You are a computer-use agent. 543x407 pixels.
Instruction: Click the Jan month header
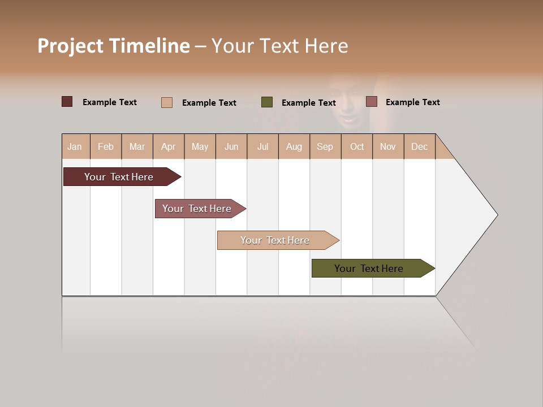click(75, 146)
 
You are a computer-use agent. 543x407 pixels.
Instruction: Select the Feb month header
click(106, 146)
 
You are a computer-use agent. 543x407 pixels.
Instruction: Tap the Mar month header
click(137, 146)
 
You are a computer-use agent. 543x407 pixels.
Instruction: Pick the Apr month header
click(169, 146)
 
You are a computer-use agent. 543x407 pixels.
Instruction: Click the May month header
click(200, 146)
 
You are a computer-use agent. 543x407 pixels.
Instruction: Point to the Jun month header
click(231, 146)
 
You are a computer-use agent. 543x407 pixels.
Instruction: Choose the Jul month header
click(262, 146)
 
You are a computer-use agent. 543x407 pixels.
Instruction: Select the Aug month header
click(294, 146)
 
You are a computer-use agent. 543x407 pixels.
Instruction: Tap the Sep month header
click(325, 146)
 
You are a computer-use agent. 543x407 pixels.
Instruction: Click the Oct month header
click(357, 146)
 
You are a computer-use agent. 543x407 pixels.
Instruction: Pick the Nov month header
click(388, 146)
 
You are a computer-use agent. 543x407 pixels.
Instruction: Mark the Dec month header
click(419, 146)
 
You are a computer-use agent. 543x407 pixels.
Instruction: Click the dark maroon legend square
click(67, 102)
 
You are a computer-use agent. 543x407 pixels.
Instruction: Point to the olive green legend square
click(267, 102)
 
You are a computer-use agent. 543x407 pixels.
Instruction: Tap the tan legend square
click(167, 102)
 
